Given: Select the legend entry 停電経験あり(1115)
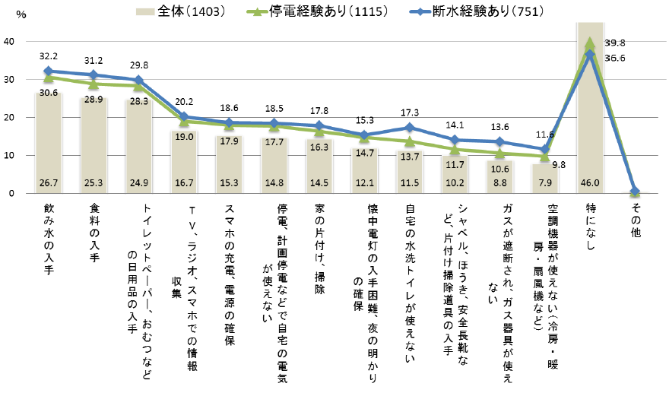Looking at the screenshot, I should pos(319,11).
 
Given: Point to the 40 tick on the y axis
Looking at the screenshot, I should pos(9,42).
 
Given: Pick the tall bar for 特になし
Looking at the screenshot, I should pos(591,114).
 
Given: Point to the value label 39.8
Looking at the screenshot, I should pos(614,43).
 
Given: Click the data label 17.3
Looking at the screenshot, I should pos(410,113).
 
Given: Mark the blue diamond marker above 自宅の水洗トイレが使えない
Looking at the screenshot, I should pos(410,128).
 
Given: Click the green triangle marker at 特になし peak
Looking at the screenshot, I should pos(591,44).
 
